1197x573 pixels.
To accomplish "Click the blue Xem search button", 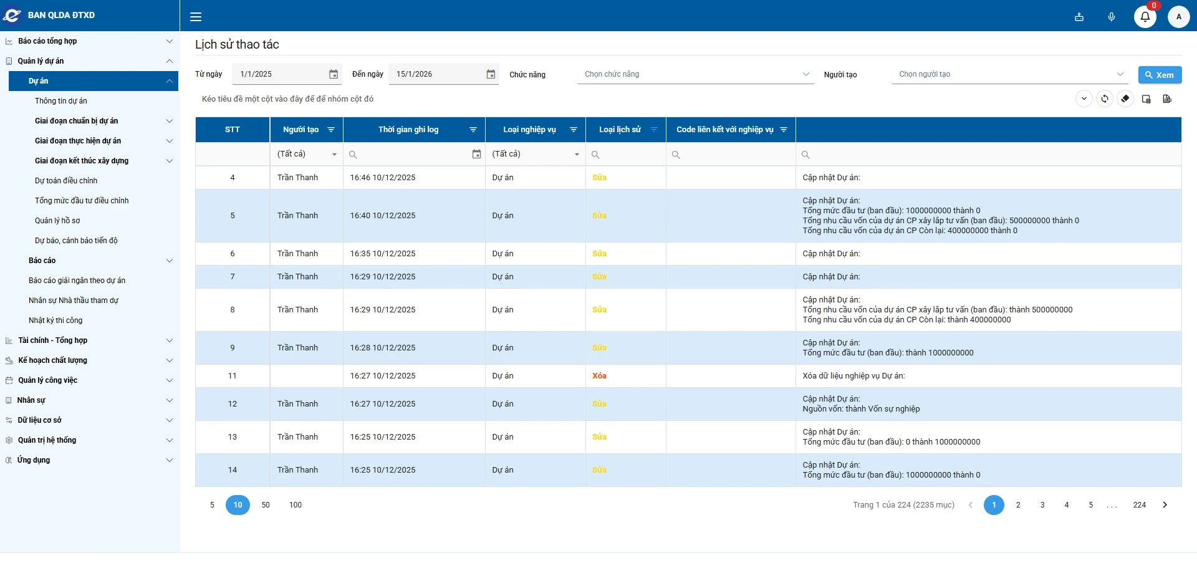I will click(1160, 75).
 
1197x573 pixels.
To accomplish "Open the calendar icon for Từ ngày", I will click(334, 74).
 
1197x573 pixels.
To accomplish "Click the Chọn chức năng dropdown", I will click(695, 74).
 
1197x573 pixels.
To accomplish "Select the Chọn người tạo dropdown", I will click(1010, 74).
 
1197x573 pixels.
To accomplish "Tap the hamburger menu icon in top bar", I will click(196, 17).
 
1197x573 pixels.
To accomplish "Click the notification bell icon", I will click(1145, 17).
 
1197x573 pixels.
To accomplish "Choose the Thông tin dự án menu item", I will click(61, 101).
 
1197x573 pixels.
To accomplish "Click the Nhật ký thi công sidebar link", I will click(55, 320).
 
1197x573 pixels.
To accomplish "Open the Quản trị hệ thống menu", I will click(47, 440).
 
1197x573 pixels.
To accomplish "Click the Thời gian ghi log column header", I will click(408, 130).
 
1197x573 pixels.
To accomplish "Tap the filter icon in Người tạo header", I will click(331, 130).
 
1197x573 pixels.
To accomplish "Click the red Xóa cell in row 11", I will click(599, 376).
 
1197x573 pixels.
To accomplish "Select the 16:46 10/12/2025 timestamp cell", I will click(383, 178).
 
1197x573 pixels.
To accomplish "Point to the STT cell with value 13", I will click(233, 437).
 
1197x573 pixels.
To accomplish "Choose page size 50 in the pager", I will click(266, 505).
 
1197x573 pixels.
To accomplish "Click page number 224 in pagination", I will click(1140, 505).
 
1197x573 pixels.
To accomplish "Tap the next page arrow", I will click(1165, 505).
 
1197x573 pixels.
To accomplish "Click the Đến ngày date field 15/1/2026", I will click(436, 74).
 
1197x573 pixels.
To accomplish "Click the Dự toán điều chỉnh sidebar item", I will click(66, 181).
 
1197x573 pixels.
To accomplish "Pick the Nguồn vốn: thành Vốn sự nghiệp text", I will click(861, 409).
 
